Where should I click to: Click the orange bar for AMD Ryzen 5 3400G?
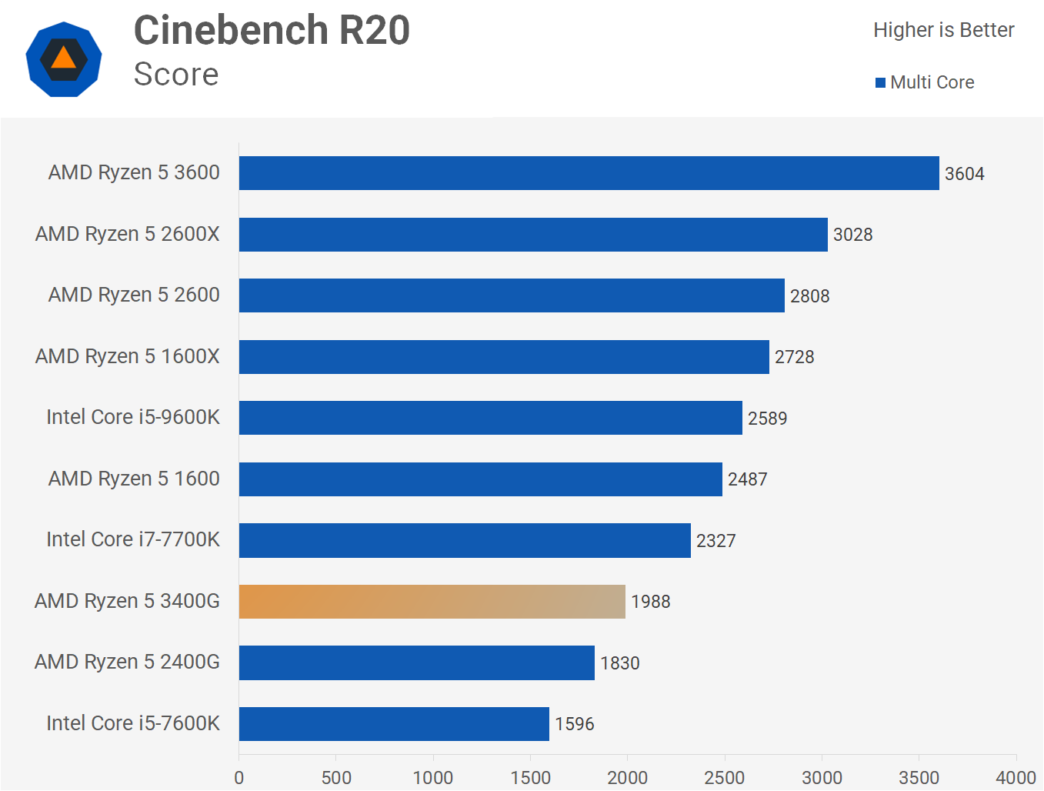[x=432, y=602]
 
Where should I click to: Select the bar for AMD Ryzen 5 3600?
[x=589, y=173]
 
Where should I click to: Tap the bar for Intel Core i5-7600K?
[x=394, y=724]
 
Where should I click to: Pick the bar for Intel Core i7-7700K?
[x=465, y=540]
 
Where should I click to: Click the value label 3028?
[x=852, y=235]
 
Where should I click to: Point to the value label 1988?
[x=650, y=602]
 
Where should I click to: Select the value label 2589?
[x=767, y=419]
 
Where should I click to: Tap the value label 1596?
[x=574, y=724]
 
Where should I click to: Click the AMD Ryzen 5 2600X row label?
[x=128, y=234]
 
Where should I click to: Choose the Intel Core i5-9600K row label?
[x=133, y=417]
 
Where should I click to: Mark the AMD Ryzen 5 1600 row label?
[x=134, y=479]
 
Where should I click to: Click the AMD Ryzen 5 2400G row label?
[x=127, y=662]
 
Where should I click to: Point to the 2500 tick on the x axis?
[x=724, y=777]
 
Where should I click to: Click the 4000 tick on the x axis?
[x=1016, y=777]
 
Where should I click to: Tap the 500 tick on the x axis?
[x=336, y=777]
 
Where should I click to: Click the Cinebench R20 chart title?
[x=272, y=31]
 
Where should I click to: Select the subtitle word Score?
[x=176, y=75]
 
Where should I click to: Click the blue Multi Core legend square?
[x=880, y=83]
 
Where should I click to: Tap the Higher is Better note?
[x=943, y=30]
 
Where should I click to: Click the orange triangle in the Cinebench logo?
[x=63, y=58]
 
